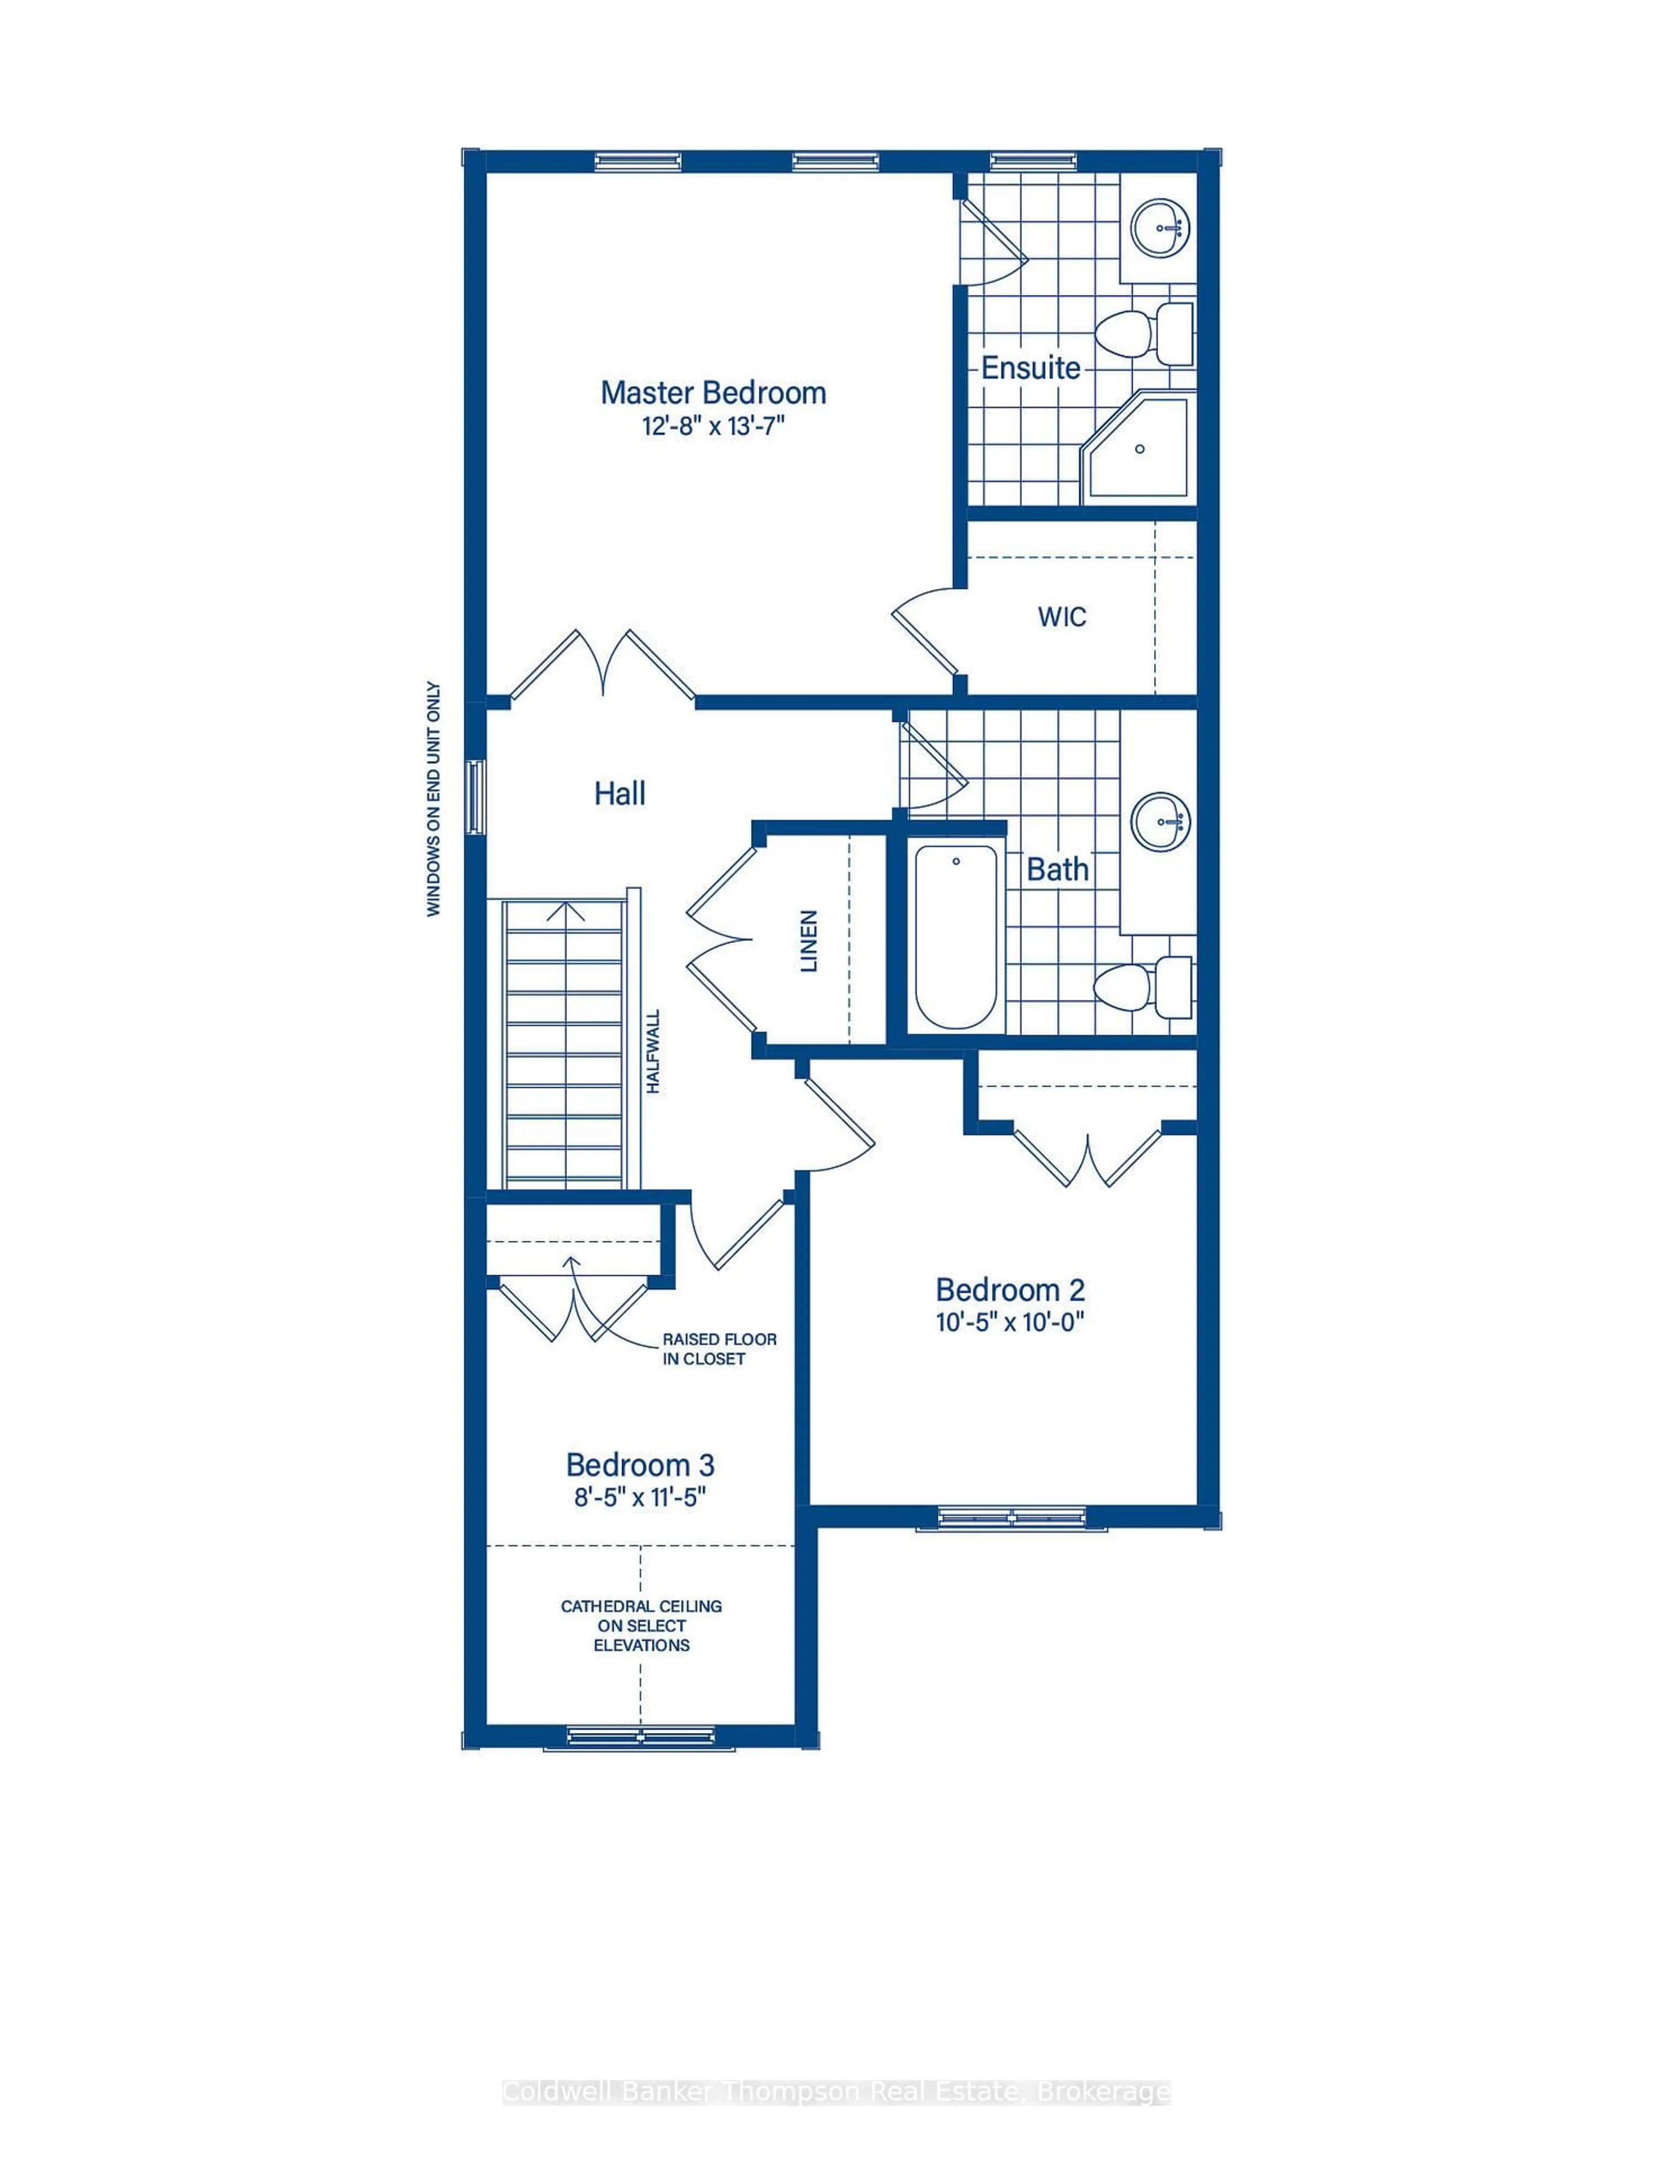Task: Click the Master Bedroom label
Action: [713, 393]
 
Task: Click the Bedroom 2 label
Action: [1010, 1290]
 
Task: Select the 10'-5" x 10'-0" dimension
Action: [1010, 1323]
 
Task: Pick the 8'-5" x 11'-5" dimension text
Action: [641, 1497]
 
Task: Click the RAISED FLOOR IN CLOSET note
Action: [719, 1348]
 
